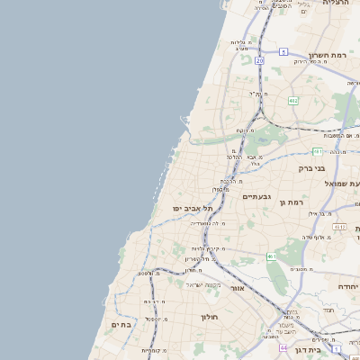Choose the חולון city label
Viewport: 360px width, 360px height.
(210, 317)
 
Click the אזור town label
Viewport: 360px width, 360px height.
(237, 288)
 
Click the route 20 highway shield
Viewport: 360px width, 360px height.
(259, 60)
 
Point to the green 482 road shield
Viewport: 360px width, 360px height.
(293, 101)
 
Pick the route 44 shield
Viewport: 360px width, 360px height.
(283, 347)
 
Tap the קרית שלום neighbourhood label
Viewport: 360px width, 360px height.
(206, 248)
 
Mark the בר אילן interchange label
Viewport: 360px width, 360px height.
(321, 214)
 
